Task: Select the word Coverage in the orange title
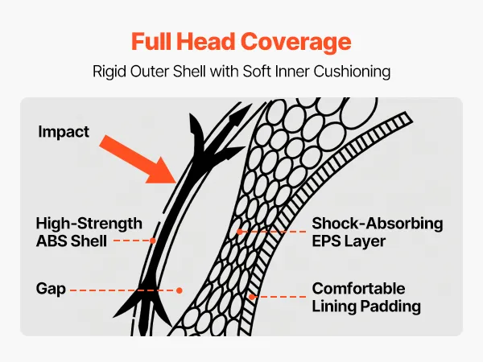click(296, 43)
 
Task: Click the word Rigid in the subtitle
click(109, 72)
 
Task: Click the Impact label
click(64, 132)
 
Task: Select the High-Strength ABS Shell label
click(89, 232)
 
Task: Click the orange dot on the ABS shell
click(153, 241)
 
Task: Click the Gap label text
click(51, 289)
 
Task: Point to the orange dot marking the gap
click(180, 290)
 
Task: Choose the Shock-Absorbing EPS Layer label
click(378, 232)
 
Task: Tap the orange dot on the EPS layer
click(240, 232)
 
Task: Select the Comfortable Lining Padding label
click(366, 298)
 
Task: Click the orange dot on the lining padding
click(252, 297)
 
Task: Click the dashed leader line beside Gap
click(123, 290)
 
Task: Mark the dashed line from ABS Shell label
click(132, 241)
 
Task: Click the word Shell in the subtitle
click(189, 72)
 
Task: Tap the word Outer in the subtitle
click(150, 72)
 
